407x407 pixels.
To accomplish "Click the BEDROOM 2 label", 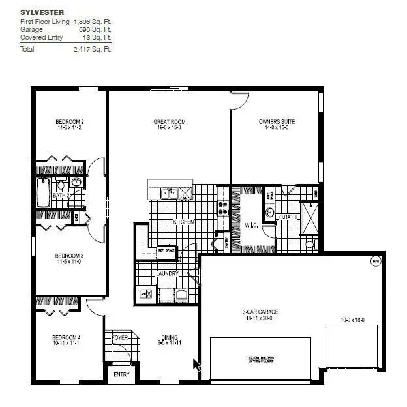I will pos(70,122).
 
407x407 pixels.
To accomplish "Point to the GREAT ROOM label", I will pos(170,122).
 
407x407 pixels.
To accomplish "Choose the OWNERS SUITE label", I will pos(273,122).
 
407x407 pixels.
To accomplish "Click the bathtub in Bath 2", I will pos(44,193).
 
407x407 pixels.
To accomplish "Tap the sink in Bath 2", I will pos(76,183).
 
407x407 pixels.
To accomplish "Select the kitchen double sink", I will pos(171,193).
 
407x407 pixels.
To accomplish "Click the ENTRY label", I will pos(122,374).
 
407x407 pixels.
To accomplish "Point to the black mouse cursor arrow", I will pos(196,365).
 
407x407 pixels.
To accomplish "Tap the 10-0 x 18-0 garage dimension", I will pos(352,320).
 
